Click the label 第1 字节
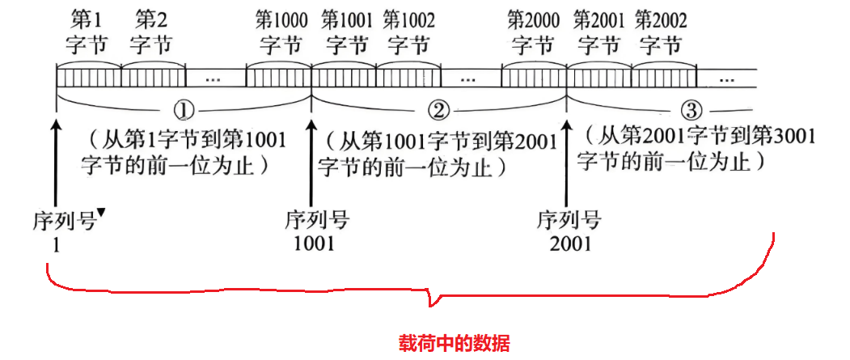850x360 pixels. (x=86, y=31)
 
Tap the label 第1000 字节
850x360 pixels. (x=279, y=31)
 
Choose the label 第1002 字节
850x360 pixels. (x=408, y=31)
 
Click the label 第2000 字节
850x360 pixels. (x=534, y=31)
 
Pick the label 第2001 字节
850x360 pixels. (x=599, y=31)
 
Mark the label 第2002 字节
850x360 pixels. (x=662, y=31)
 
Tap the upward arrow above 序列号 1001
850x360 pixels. (x=311, y=162)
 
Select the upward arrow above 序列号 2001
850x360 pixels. (x=565, y=162)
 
